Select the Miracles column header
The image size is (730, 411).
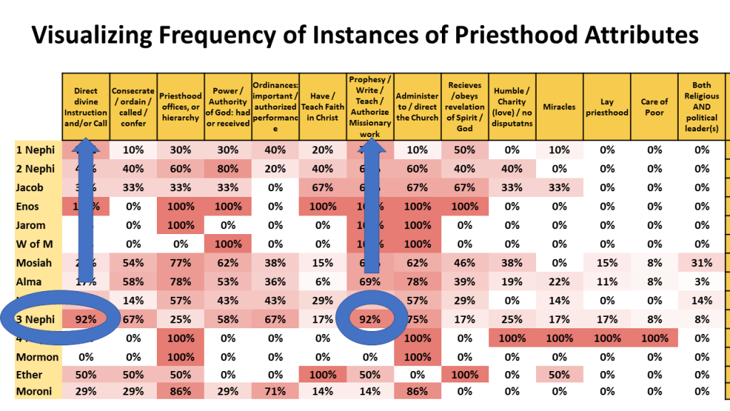(559, 107)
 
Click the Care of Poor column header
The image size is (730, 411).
(654, 107)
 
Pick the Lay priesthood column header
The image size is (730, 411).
(606, 107)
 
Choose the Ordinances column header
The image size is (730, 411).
(275, 107)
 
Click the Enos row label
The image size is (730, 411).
(29, 206)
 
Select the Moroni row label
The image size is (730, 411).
(33, 391)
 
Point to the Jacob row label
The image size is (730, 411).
(30, 188)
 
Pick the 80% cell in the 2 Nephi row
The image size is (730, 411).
(228, 169)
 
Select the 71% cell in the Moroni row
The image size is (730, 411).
(275, 391)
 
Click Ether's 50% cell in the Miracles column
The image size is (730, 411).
(559, 374)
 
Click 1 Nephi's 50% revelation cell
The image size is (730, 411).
(464, 151)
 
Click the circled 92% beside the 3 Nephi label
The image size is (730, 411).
(86, 318)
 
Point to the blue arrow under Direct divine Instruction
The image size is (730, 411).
(86, 214)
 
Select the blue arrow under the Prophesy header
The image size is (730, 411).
(370, 214)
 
